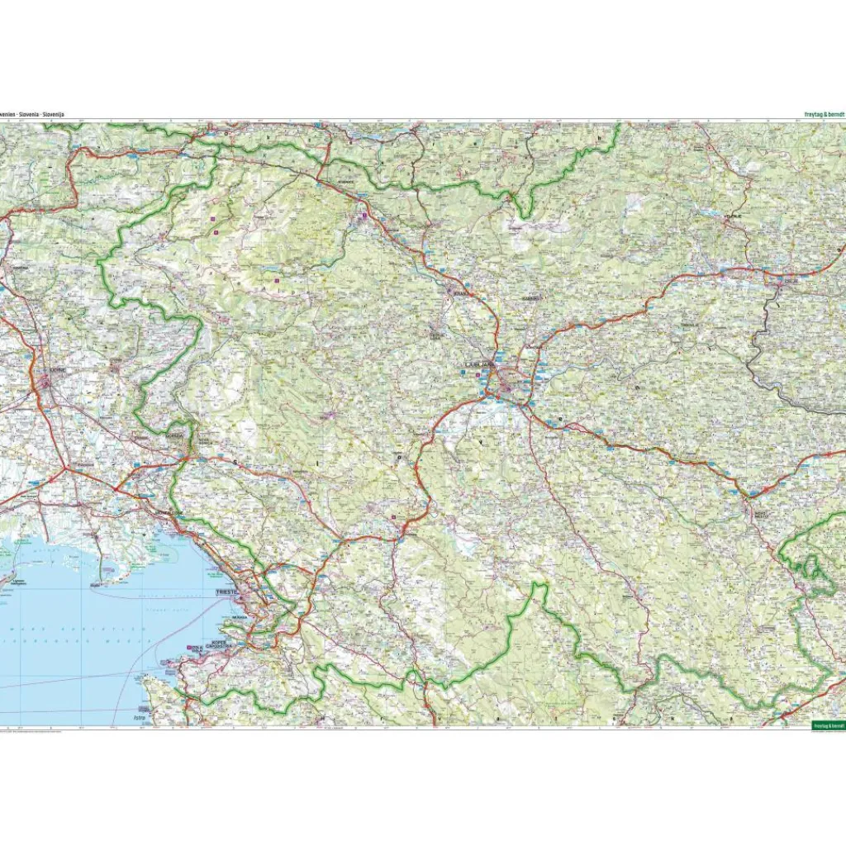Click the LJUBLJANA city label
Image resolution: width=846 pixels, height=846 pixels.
[480, 364]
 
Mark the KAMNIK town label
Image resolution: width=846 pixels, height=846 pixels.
[530, 298]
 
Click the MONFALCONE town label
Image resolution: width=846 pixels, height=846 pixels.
[171, 513]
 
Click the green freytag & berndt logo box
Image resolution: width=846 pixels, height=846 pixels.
[828, 725]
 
